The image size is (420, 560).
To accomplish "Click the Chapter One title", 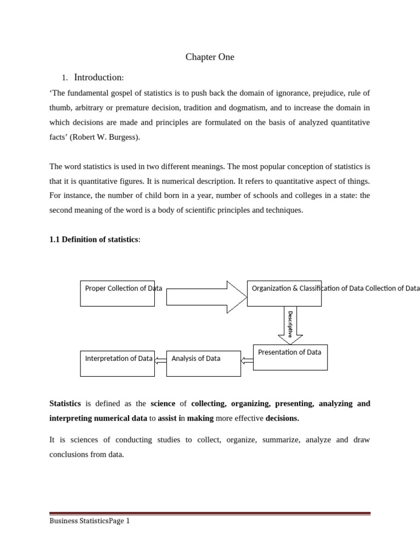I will pos(209,57).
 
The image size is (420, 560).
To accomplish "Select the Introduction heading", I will pos(99,77).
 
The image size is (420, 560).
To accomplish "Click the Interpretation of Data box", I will pos(117,363).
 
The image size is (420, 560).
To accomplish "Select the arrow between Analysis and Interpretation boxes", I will pos(160,360).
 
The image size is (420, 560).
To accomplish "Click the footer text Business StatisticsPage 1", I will pos(90,521).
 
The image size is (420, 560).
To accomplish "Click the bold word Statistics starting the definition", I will pos(65,404).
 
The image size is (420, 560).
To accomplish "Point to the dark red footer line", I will pos(210,514).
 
